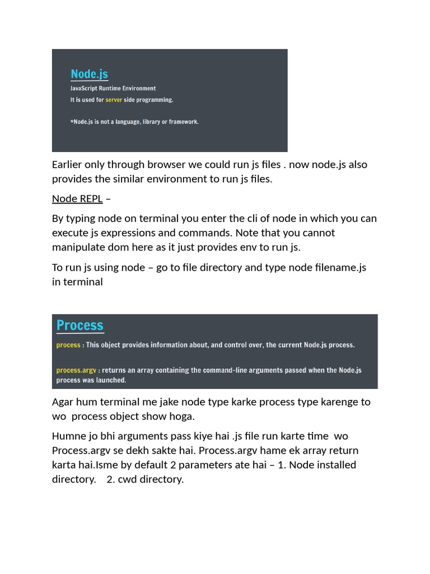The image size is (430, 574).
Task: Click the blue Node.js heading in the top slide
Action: click(x=89, y=74)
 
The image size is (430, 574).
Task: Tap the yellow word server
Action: click(x=114, y=100)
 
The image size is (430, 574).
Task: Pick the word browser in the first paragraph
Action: click(x=167, y=165)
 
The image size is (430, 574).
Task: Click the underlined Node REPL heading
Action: click(x=77, y=198)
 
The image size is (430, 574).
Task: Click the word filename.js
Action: click(x=334, y=267)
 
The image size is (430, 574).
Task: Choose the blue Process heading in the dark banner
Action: click(x=80, y=326)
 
